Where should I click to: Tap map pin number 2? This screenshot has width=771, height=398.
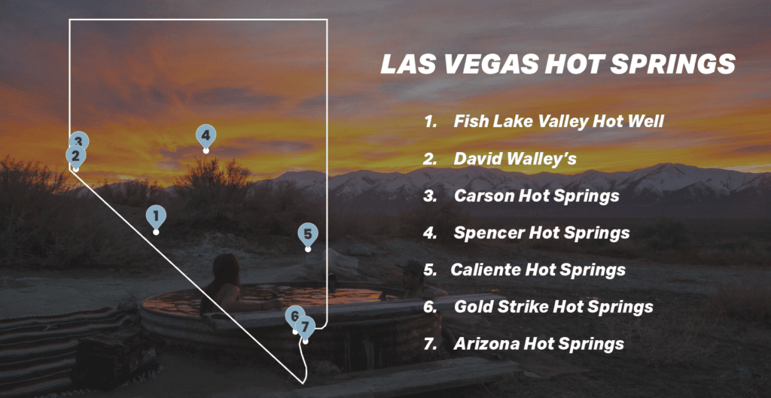coord(75,156)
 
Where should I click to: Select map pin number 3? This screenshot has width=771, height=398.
coord(79,141)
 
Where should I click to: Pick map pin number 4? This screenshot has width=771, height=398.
coord(205,136)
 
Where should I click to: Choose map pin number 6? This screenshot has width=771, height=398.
coord(294,316)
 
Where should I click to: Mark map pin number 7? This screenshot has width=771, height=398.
coord(305,327)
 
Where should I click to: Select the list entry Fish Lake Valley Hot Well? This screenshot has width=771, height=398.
coord(558,121)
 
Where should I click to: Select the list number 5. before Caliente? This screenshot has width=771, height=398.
coord(430,269)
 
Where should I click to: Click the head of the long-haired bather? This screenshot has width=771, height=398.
coord(224,268)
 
